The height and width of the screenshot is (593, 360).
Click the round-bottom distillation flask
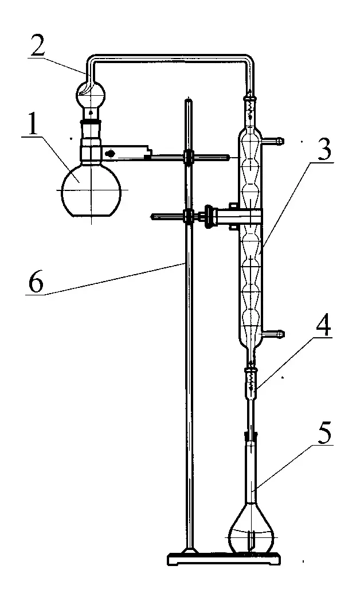[91, 189]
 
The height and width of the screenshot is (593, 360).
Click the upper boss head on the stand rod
[187, 155]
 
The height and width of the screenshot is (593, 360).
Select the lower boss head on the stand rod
[188, 216]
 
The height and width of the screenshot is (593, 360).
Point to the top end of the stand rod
[189, 102]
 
